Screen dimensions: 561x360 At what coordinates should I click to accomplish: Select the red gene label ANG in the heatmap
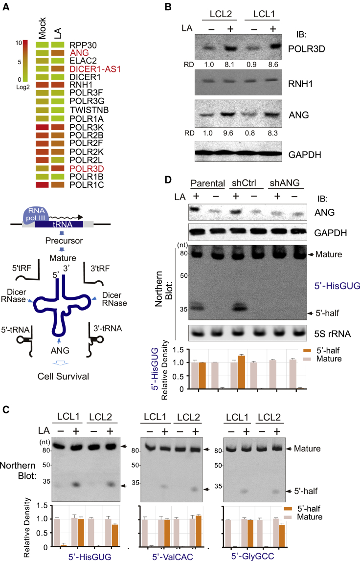(x=77, y=52)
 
